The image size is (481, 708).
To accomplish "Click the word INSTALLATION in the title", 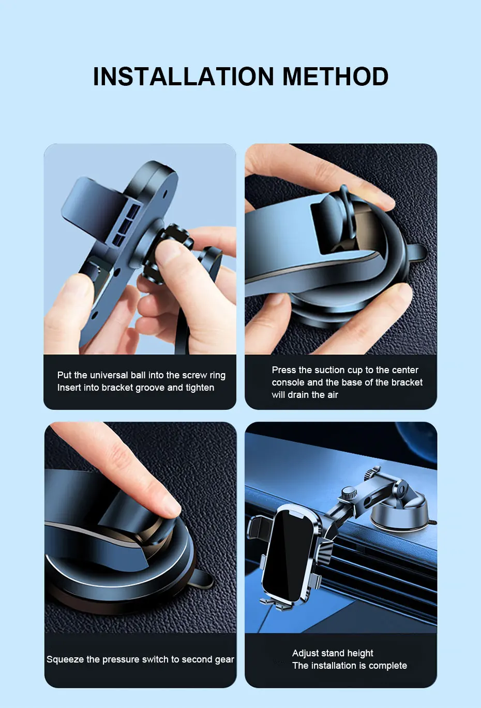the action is pos(184,76).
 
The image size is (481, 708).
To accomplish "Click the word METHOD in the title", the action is pos(336,76).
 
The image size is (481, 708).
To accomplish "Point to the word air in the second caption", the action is pos(331,395).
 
